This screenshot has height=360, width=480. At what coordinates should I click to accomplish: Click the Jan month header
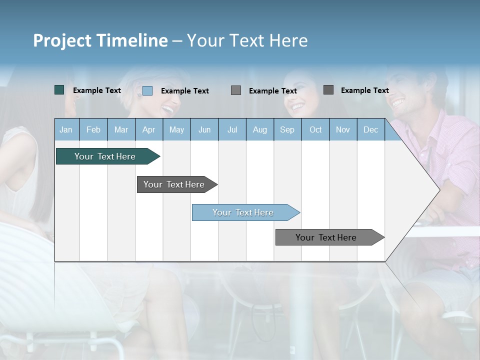[x=66, y=129]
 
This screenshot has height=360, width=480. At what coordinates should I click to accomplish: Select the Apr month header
[x=148, y=129]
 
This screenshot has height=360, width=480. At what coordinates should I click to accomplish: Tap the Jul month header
[x=232, y=129]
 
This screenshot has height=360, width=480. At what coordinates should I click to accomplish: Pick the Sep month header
[x=287, y=129]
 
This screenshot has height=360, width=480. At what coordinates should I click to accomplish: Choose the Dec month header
[x=370, y=129]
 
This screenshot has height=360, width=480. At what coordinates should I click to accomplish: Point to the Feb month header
[x=93, y=129]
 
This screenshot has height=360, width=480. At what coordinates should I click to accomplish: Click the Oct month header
[x=315, y=129]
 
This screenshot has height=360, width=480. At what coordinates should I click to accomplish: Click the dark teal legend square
[x=59, y=90]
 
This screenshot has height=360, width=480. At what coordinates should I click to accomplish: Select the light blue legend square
[x=147, y=90]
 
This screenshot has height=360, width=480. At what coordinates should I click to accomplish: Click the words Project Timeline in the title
[x=100, y=40]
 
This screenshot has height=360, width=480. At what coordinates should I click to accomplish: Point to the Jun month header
[x=204, y=129]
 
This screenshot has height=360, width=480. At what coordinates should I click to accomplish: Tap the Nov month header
[x=343, y=129]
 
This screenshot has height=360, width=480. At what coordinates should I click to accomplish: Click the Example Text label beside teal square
[x=97, y=90]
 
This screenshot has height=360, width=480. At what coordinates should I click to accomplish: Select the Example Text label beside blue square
[x=185, y=91]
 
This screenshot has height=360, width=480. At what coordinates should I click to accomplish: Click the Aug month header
[x=259, y=129]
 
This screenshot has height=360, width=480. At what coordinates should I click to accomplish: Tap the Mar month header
[x=121, y=129]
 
